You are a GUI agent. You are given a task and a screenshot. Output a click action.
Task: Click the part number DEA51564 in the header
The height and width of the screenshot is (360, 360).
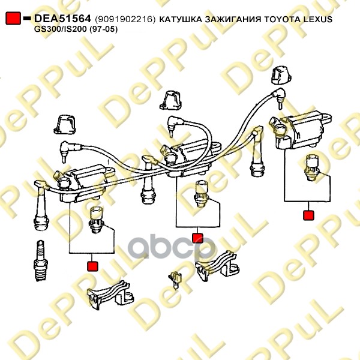[62, 19]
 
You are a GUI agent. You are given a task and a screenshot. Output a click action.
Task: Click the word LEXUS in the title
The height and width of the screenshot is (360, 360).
[318, 19]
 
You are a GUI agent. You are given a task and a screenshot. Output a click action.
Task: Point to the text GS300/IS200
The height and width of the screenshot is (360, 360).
[61, 29]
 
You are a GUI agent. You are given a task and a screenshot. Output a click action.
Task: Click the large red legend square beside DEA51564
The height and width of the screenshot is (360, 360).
[13, 18]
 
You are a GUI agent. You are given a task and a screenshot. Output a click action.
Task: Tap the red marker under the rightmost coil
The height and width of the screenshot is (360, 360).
[308, 215]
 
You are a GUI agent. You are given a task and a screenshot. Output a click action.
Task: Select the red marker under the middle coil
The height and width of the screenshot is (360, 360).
[197, 238]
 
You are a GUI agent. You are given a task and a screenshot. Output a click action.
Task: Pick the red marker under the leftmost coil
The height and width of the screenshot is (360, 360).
[92, 266]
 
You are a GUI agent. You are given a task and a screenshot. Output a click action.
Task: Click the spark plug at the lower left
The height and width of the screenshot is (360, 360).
[41, 260]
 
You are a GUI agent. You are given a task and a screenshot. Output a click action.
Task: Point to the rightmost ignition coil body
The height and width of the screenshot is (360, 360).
[303, 130]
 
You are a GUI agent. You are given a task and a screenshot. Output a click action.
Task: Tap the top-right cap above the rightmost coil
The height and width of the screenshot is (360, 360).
[281, 76]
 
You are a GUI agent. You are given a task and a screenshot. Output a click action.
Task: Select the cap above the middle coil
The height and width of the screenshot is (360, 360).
[170, 100]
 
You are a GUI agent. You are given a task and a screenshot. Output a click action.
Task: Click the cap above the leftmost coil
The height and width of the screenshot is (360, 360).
[65, 125]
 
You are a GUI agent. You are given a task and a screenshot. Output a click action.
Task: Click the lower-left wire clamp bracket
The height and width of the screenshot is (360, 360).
[110, 295]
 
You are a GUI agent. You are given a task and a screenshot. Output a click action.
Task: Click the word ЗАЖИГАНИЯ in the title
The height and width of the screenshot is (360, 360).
[233, 19]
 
